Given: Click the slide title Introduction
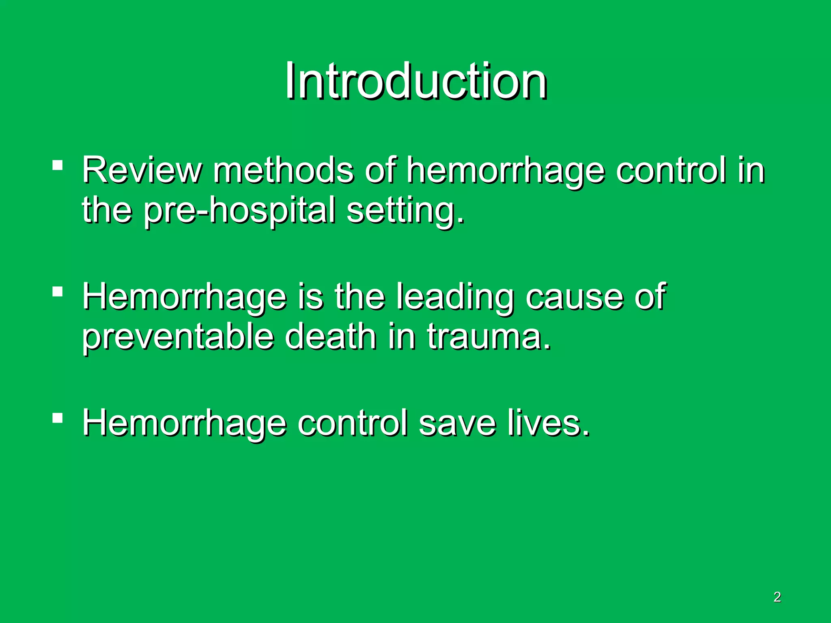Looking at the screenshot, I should pos(415,81).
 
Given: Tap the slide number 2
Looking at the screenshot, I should pos(777,597).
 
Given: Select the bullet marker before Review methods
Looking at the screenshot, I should pos(58,165).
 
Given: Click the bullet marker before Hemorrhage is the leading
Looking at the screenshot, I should pos(58,292).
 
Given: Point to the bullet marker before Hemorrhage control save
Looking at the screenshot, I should pos(58,418).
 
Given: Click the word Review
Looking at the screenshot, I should pos(141,170).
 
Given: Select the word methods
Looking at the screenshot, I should pos(284,170).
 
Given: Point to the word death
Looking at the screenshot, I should pos(330,337).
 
